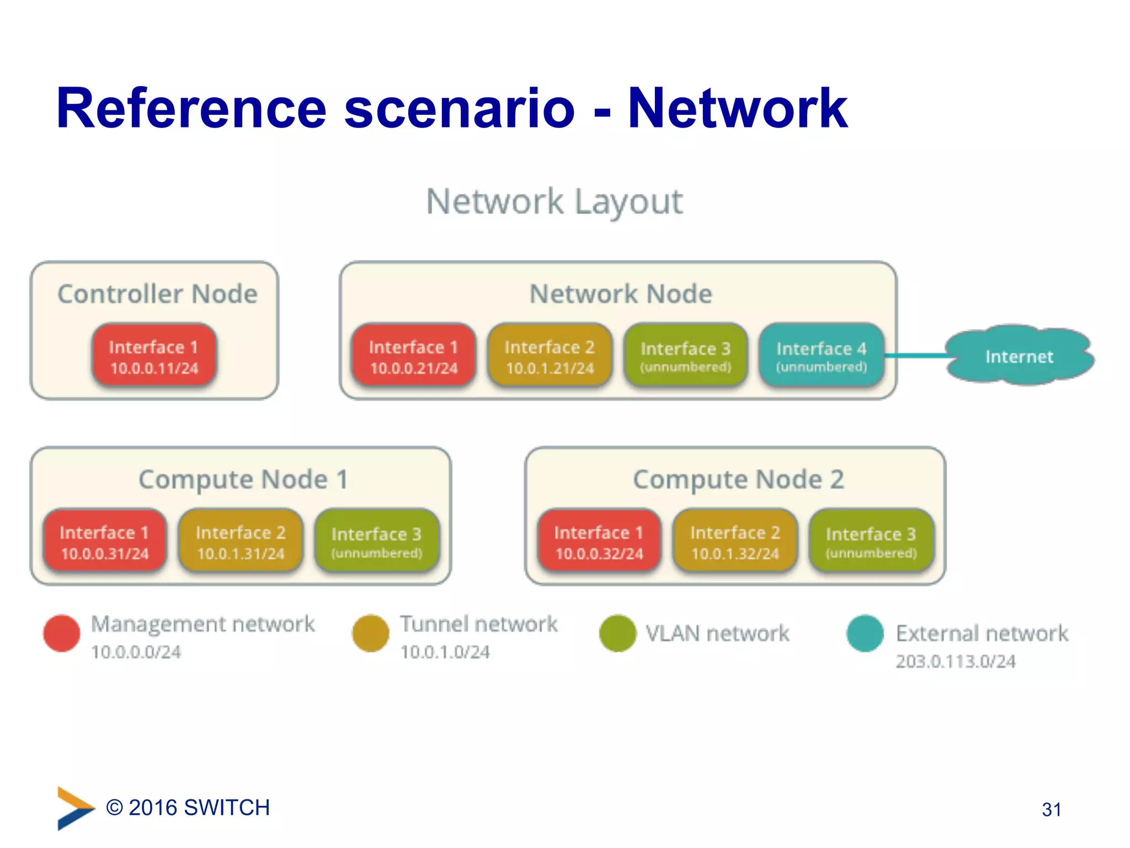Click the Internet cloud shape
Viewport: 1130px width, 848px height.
click(1019, 356)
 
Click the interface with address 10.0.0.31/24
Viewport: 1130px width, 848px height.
click(105, 542)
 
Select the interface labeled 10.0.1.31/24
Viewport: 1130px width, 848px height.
click(241, 542)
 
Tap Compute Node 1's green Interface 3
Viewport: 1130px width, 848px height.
click(376, 542)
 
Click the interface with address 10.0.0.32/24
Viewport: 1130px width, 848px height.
click(599, 542)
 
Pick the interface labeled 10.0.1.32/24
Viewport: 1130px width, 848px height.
click(735, 542)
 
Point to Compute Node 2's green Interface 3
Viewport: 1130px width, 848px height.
click(871, 542)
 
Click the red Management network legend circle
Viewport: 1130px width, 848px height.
click(62, 633)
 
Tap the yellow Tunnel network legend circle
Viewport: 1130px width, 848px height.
click(371, 633)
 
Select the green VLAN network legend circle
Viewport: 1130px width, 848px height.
click(618, 633)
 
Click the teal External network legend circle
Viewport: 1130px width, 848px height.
click(865, 633)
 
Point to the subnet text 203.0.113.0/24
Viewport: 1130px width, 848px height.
click(955, 661)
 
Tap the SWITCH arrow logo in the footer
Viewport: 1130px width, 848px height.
click(75, 808)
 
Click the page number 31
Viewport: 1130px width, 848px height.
click(1051, 809)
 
